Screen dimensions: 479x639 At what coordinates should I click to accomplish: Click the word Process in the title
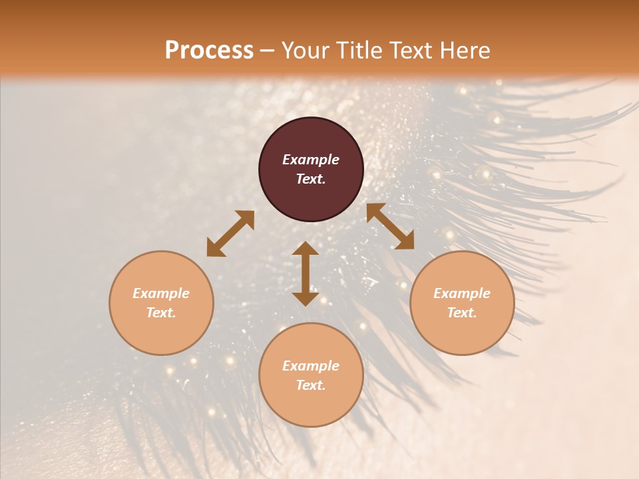click(209, 51)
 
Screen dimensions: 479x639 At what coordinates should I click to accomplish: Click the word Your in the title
click(308, 51)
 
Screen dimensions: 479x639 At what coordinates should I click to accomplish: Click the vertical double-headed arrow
click(306, 273)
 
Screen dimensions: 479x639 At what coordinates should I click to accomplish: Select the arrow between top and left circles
click(230, 234)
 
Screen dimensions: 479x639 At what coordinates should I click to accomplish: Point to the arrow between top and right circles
click(390, 226)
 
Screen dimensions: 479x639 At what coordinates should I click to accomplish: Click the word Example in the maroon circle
click(311, 160)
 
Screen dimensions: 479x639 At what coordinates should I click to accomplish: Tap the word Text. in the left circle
click(161, 313)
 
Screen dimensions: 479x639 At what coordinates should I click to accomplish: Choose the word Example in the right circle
click(462, 293)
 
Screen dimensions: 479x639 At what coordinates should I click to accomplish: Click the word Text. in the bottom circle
click(311, 385)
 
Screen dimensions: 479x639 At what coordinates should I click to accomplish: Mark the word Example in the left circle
click(161, 293)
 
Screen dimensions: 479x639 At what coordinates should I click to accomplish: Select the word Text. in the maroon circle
click(311, 179)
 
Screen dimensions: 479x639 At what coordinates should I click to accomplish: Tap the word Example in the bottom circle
click(311, 366)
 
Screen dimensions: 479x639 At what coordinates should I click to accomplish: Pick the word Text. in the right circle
click(462, 313)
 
